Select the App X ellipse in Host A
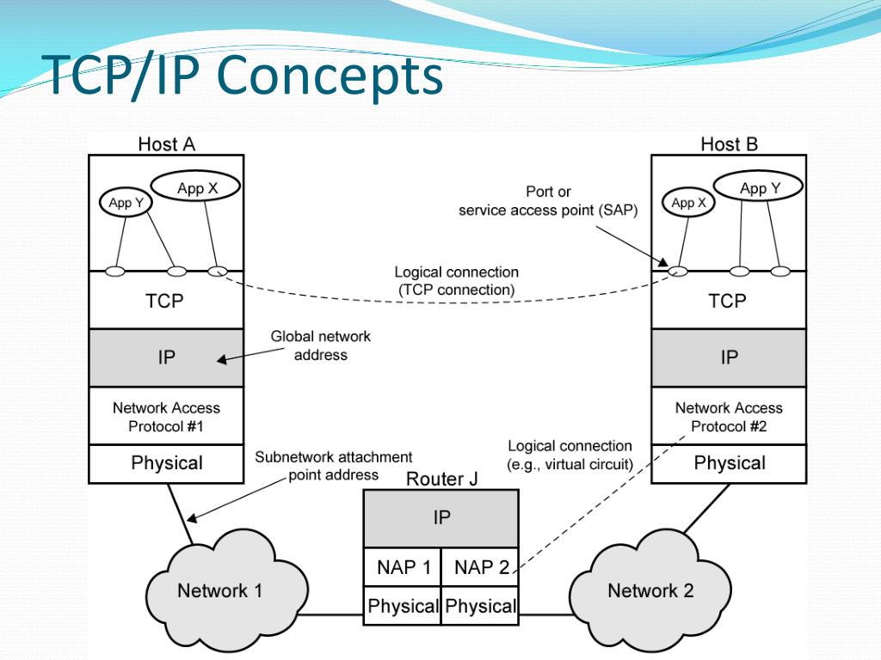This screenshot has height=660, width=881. pos(197,188)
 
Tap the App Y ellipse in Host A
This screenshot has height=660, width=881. pos(120,203)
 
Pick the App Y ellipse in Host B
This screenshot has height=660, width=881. pos(759,188)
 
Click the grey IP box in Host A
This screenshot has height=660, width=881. pos(166,357)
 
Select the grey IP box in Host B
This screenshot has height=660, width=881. pos(729,357)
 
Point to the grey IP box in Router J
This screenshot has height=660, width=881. pos(440,517)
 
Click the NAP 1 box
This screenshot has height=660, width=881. pos(403,567)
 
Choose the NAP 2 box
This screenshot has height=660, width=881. pos(480,567)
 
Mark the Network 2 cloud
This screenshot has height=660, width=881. pos(650,590)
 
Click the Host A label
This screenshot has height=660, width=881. pos(166,144)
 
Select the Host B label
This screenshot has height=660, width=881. pos(729,144)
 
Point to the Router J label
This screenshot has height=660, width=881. pos(441,479)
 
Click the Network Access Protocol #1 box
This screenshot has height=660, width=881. pos(166,417)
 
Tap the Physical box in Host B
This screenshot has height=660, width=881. pos(729,464)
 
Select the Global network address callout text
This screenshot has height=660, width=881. pos(320,345)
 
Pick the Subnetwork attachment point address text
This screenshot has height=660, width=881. pos(333,466)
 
